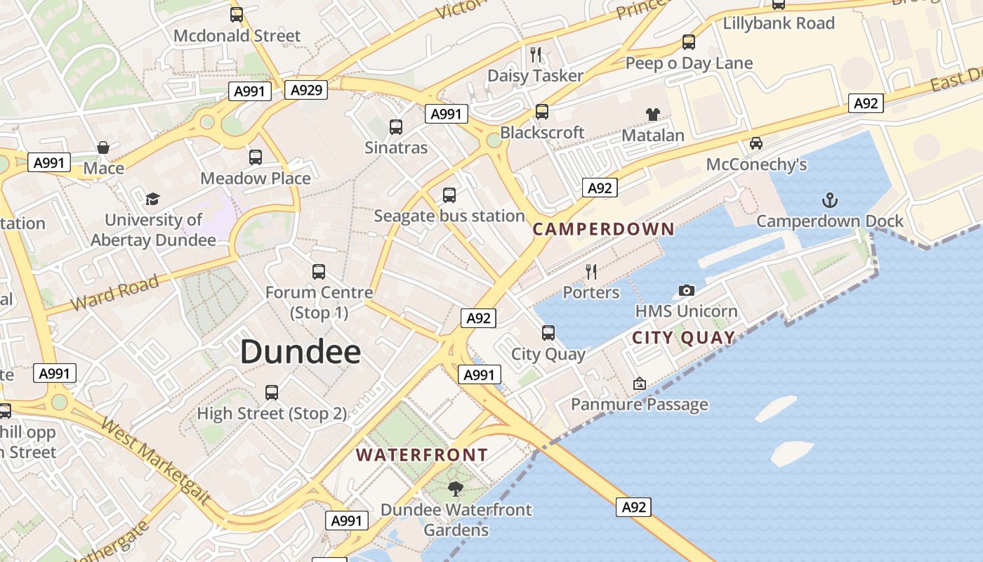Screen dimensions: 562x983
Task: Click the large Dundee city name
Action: point(301,352)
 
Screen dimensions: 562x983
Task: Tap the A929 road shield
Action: point(307,89)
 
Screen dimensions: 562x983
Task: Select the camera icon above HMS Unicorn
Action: point(687,290)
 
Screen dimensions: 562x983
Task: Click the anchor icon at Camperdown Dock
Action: point(830,200)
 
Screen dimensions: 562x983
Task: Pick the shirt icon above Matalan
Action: point(653,114)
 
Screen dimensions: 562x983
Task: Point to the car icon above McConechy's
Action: point(756,143)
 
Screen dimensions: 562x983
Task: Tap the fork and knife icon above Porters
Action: point(591,271)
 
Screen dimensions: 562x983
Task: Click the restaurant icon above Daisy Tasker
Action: point(536,54)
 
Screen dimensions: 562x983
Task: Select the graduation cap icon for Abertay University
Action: point(153,199)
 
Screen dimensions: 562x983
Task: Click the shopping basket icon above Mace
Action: point(103,147)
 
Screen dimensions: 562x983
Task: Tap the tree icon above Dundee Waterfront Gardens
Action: point(456,488)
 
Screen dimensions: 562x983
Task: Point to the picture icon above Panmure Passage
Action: point(639,384)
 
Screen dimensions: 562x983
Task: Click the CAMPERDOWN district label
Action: point(603,229)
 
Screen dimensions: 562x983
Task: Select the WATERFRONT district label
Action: point(421,455)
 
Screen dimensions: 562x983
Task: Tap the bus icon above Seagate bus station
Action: point(449,195)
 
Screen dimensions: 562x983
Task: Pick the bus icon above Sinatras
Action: point(396,126)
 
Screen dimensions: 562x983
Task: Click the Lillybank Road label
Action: point(779,23)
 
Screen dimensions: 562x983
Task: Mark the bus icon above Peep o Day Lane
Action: point(689,42)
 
